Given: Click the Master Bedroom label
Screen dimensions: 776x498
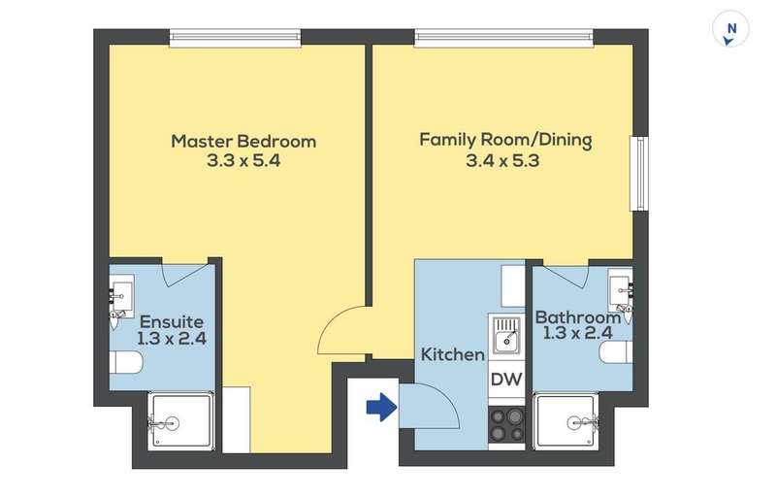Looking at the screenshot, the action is (x=243, y=142).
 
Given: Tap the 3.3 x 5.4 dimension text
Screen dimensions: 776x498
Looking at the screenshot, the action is (x=243, y=161).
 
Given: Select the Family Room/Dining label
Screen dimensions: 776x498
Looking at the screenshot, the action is (x=505, y=140).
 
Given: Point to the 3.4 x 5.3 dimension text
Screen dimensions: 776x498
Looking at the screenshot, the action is (x=502, y=161).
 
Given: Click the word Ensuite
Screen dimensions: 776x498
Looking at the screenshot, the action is (x=172, y=322).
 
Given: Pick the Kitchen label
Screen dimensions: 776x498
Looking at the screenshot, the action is (x=452, y=354).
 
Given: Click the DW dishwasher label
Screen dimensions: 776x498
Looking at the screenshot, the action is (x=506, y=380).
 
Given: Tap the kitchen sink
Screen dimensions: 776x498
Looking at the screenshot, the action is (x=506, y=335).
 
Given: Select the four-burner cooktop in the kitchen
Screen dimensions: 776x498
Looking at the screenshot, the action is (x=506, y=424).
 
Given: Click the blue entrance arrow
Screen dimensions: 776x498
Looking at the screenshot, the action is (x=381, y=407).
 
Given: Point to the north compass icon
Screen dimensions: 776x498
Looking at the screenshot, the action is (x=730, y=30).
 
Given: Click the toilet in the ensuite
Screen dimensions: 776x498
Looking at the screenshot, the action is (x=126, y=362).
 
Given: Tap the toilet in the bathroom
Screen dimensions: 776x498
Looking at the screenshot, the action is (x=616, y=352).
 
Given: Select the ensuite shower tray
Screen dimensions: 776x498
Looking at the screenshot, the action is (x=181, y=421).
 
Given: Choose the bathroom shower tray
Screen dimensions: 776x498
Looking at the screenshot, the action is (x=566, y=420).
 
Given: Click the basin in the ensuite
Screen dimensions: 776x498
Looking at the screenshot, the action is (x=121, y=297).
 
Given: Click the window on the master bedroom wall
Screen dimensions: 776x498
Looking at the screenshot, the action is (x=235, y=38).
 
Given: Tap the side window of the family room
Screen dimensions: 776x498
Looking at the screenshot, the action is (x=639, y=174).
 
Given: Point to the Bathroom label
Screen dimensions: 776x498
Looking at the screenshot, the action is (x=578, y=317).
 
